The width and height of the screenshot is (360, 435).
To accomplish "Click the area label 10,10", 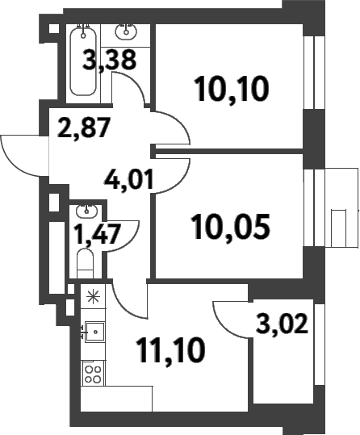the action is pyautogui.click(x=232, y=90).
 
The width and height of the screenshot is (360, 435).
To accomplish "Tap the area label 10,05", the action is pyautogui.click(x=232, y=227).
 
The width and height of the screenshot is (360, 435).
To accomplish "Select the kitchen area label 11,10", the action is pyautogui.click(x=170, y=350).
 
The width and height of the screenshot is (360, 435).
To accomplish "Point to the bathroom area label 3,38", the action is pyautogui.click(x=109, y=60).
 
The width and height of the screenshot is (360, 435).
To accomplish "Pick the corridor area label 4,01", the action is pyautogui.click(x=129, y=179).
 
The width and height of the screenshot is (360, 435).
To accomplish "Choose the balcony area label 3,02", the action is pyautogui.click(x=282, y=324).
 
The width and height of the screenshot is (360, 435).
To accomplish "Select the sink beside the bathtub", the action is pyautogui.click(x=126, y=31).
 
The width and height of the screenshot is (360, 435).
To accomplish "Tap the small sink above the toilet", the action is pyautogui.click(x=86, y=211).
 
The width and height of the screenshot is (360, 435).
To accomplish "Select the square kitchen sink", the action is pyautogui.click(x=94, y=332).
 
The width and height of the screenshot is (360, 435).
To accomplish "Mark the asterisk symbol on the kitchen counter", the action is pyautogui.click(x=94, y=296).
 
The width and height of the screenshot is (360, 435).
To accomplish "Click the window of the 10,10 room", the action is pyautogui.click(x=314, y=73).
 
